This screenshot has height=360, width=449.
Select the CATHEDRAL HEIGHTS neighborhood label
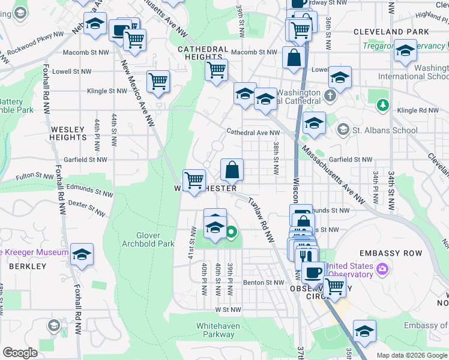click(203, 53)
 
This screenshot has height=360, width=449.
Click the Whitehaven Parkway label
click(215, 330)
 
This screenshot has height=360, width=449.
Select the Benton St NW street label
click(263, 282)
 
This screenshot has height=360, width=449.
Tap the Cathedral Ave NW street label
click(253, 133)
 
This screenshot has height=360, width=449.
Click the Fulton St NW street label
click(35, 176)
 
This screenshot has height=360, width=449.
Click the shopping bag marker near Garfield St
click(232, 170)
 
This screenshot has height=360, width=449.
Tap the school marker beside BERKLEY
click(82, 254)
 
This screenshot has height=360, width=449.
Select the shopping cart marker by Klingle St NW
click(158, 81)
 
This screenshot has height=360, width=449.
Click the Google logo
click(20, 352)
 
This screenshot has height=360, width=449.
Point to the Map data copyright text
click(412, 355)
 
